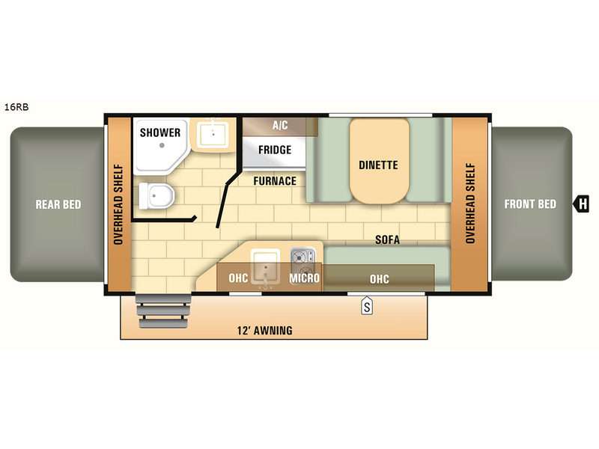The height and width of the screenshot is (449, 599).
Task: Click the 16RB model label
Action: (16, 107)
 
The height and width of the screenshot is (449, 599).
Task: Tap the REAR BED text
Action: (58, 204)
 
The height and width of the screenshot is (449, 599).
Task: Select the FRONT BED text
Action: (530, 204)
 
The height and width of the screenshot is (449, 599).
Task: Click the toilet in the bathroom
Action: (156, 196)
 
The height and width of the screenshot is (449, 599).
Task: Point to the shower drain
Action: (162, 145)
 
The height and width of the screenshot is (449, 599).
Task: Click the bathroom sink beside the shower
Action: (213, 134)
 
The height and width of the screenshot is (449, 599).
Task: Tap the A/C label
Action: (280, 125)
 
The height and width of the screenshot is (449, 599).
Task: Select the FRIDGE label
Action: (275, 150)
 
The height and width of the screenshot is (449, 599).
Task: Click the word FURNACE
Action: (275, 181)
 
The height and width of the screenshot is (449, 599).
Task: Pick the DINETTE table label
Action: (378, 165)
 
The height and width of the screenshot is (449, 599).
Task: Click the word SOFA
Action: (387, 239)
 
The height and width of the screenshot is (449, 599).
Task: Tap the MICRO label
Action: (304, 278)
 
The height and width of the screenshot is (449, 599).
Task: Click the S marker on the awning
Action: (367, 307)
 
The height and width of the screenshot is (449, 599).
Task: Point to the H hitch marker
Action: (581, 204)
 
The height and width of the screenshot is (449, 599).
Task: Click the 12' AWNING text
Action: (265, 330)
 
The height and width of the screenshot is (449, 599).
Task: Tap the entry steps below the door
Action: (164, 311)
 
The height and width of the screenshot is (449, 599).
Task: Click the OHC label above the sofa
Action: (380, 279)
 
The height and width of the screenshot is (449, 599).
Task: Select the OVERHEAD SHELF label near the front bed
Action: (470, 203)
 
